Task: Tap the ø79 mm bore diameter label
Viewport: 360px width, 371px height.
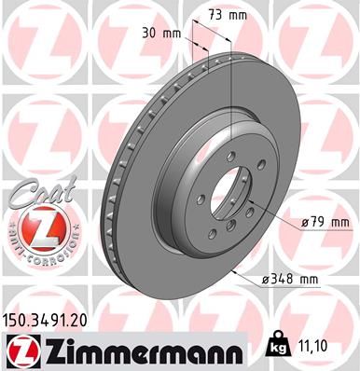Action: [x=326, y=222]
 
